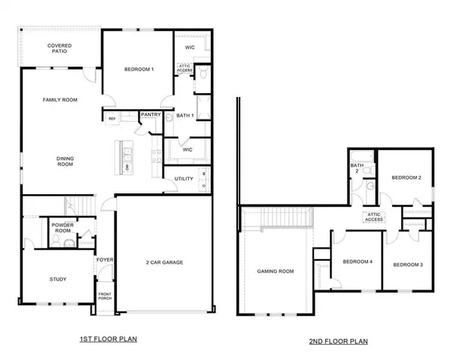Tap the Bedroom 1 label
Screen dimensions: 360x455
[139, 70]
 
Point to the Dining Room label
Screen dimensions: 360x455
[65, 161]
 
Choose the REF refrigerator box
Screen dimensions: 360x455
[112, 118]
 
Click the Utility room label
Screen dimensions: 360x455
[184, 179]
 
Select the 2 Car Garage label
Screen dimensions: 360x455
[165, 262]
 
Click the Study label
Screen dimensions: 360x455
[58, 279]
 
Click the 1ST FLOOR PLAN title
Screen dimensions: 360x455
[108, 339]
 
